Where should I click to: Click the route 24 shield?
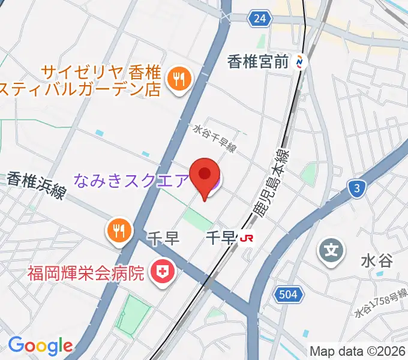click(x=259, y=19)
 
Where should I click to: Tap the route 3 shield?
click(x=357, y=190)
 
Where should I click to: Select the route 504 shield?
click(x=289, y=294)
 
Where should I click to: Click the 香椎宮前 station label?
click(x=258, y=61)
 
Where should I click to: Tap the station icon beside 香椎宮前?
click(x=301, y=61)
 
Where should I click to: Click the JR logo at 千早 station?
click(x=246, y=238)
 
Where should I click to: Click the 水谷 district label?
click(x=376, y=261)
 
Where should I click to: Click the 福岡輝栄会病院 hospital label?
click(x=86, y=274)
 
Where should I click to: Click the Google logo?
click(x=40, y=345)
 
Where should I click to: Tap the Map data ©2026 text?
click(x=358, y=351)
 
